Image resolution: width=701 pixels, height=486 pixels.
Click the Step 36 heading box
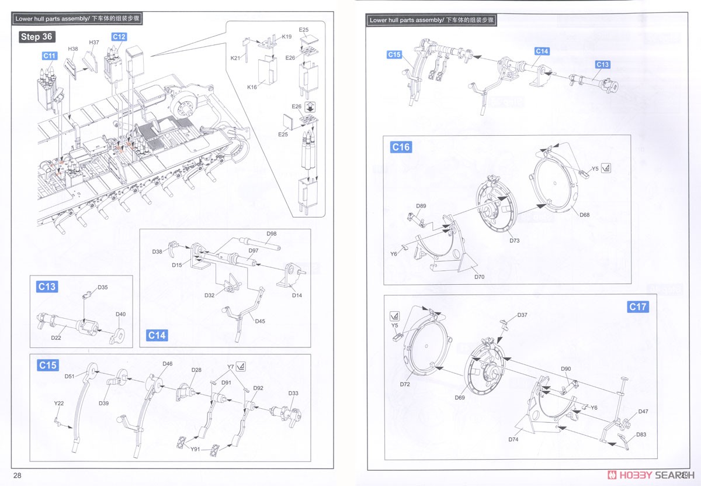(x=37, y=37)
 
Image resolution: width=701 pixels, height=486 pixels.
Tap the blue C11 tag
(x=50, y=56)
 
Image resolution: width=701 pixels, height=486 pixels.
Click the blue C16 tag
(x=401, y=147)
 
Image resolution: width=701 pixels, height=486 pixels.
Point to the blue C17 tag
(x=637, y=306)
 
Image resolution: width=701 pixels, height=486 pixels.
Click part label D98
(x=271, y=234)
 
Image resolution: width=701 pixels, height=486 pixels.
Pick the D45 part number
(x=259, y=320)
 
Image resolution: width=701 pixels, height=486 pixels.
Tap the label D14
(x=297, y=295)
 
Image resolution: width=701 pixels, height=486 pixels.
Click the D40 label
(x=120, y=314)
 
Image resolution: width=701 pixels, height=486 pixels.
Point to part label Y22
(x=59, y=403)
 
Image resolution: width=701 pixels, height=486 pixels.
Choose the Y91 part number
(x=196, y=449)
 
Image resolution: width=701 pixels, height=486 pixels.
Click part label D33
(x=293, y=393)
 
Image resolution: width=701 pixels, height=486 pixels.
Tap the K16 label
(x=252, y=87)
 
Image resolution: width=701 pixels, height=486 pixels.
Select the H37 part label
(x=94, y=43)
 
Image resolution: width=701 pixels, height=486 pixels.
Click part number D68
(x=584, y=215)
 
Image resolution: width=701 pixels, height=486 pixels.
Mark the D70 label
(x=480, y=277)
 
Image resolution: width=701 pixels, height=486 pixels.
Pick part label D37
(x=522, y=315)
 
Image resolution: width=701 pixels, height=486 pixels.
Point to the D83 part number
(x=641, y=435)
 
